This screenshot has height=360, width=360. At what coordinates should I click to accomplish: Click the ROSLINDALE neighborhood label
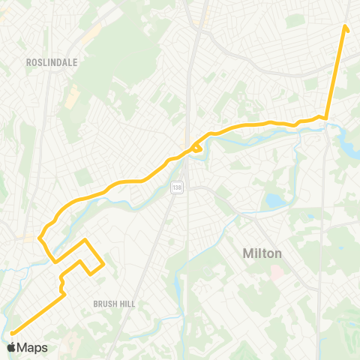point(52,63)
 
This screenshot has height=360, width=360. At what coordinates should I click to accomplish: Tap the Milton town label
point(262,253)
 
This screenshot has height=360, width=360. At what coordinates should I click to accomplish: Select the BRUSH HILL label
point(112,304)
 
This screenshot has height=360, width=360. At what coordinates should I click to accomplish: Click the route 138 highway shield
point(176,187)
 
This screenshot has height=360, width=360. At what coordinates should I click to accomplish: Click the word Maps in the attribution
point(32,347)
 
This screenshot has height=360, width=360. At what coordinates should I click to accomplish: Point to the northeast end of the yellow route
point(346,28)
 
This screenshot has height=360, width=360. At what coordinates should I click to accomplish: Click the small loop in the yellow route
point(198,148)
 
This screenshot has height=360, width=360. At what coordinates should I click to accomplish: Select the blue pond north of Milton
point(272,201)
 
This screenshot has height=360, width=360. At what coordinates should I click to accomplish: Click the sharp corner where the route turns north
point(326,117)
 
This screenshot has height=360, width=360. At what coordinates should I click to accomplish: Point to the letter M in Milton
point(248,253)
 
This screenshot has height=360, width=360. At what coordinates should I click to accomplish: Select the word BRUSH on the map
point(104,304)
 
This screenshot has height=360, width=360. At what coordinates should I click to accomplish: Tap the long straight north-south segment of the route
point(336,71)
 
